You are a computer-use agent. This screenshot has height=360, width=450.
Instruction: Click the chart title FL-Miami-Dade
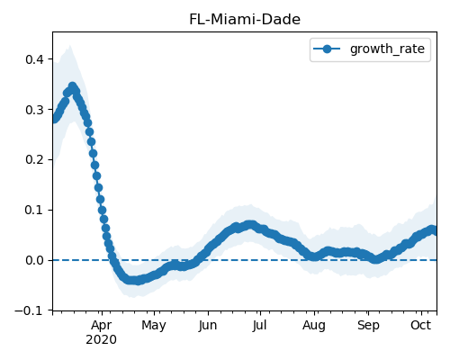(245, 20)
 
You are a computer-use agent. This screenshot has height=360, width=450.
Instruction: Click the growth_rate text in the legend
(387, 49)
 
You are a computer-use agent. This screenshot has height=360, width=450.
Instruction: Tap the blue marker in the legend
(327, 49)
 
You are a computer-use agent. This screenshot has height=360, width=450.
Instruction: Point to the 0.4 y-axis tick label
(34, 59)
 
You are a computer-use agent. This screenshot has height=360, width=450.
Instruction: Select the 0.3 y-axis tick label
(34, 110)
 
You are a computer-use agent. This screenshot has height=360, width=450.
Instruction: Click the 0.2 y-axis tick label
(34, 159)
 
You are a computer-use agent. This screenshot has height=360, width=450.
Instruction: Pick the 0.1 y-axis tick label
(34, 210)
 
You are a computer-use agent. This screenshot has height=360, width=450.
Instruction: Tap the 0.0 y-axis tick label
(34, 260)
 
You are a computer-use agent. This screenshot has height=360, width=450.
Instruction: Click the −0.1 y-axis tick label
(29, 310)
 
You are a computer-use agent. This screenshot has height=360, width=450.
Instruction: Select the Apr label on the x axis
(102, 325)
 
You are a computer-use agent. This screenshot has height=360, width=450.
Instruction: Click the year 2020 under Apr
(101, 340)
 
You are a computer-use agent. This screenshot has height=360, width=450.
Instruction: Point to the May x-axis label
(154, 326)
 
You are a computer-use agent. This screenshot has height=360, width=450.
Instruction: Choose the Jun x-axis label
(208, 325)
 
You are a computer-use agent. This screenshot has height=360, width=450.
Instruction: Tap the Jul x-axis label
(259, 325)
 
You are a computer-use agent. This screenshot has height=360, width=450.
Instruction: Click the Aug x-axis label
(314, 326)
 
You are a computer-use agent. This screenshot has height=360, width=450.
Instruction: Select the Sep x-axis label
(368, 326)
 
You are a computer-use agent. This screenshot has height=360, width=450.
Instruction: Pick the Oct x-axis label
(421, 325)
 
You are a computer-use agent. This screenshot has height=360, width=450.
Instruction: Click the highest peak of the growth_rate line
(73, 86)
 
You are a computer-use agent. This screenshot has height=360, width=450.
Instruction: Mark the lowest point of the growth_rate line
(132, 281)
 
